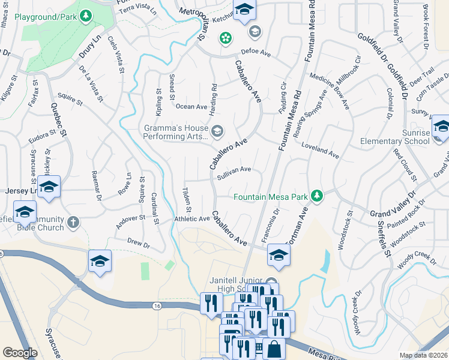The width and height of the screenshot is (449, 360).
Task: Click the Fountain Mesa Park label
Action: [x=270, y=196]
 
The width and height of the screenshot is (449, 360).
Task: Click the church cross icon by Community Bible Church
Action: [x=73, y=222]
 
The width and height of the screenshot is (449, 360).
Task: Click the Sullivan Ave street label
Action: [x=234, y=170]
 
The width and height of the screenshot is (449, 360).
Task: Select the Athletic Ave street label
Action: [x=192, y=219]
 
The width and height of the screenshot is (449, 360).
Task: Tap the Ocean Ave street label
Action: [x=191, y=106]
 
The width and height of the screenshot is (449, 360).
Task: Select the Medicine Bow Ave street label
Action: [x=329, y=91]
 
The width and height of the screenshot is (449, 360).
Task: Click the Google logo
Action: [x=20, y=353]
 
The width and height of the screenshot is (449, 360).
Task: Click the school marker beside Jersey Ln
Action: [x=49, y=187]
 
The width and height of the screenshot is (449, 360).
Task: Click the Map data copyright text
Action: [x=423, y=355]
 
